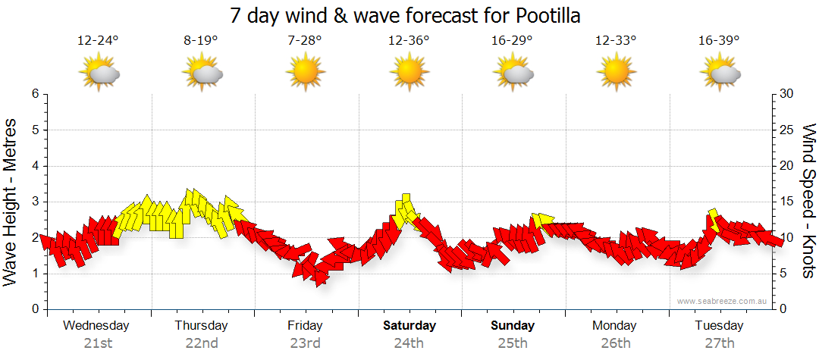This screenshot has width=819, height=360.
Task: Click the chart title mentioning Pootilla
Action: pos(409,15)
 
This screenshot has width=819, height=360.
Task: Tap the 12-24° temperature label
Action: pos(99,41)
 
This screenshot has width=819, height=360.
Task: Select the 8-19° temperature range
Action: pos(201,41)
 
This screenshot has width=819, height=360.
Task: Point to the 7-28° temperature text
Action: pos(305,41)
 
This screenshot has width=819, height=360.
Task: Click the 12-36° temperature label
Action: pos(409,41)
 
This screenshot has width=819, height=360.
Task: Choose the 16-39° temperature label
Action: pos(720,41)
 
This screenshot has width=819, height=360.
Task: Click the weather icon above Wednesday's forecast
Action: pos(99,74)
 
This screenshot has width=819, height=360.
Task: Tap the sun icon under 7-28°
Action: pos(305,74)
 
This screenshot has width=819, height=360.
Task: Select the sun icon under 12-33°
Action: pos(615,74)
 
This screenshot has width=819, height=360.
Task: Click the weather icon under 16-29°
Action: pos(513,74)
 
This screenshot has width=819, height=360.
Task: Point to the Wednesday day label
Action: pos(96,326)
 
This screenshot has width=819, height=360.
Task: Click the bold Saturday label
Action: pos(409,326)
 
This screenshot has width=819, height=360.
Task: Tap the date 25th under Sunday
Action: pos(513,343)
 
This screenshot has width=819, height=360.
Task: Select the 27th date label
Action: pos(719,343)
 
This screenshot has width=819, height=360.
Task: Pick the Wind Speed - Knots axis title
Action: pos(808,200)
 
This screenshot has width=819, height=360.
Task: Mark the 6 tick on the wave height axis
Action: pos(35,94)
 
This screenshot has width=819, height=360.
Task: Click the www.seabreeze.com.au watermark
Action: pos(723,302)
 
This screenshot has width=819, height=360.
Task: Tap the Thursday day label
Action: pos(201,326)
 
